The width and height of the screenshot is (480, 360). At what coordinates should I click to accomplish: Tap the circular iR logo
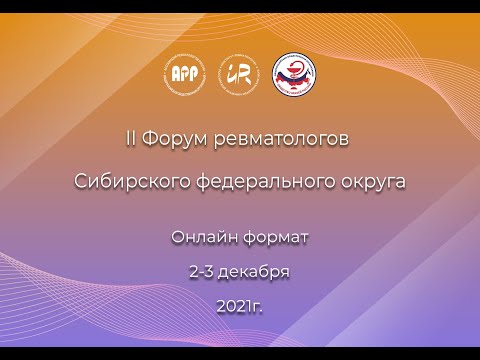pos(238,72)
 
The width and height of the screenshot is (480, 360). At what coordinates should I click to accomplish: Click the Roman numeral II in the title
pos(130,138)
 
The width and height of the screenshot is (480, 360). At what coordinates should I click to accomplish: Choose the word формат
pos(276,237)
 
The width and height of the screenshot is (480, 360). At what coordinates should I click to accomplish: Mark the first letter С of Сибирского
pos(81,183)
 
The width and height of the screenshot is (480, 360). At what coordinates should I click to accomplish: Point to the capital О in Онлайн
pos(177,237)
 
